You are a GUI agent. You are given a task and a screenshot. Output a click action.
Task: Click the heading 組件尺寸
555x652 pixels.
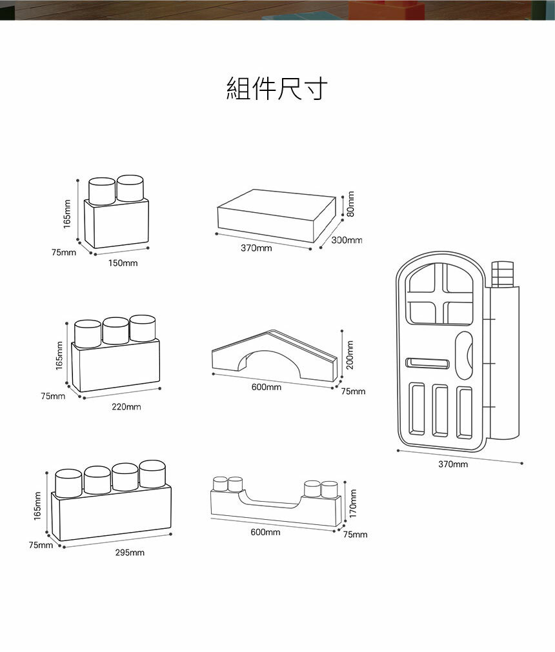277,89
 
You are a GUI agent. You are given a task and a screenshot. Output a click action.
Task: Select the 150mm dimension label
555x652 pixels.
123,263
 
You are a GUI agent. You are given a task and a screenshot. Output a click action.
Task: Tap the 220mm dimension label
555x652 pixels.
126,407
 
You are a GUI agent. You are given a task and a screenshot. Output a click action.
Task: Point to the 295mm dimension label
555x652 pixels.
130,553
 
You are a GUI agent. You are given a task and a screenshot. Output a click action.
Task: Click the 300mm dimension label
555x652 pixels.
347,240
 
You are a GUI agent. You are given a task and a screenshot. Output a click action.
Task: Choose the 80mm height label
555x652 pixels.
350,203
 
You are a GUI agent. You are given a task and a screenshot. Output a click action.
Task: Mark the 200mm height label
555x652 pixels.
350,355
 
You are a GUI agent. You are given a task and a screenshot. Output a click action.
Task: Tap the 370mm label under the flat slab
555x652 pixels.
256,248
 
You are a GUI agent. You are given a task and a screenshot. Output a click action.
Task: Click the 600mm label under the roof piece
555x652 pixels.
266,387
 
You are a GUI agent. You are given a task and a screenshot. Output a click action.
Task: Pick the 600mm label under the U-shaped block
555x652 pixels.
265,532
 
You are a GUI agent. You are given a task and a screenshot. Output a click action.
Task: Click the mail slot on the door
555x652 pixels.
427,364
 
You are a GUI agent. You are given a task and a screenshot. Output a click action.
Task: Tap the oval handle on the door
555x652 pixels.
465,355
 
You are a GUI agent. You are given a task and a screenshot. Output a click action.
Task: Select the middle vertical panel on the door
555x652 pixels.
441,410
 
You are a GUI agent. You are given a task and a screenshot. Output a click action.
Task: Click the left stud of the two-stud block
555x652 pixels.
102,192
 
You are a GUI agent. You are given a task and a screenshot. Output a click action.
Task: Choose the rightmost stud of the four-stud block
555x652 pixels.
152,474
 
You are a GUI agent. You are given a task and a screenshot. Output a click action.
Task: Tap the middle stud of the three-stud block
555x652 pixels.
116,331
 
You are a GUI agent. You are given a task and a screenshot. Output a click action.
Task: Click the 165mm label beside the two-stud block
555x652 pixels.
67,212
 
